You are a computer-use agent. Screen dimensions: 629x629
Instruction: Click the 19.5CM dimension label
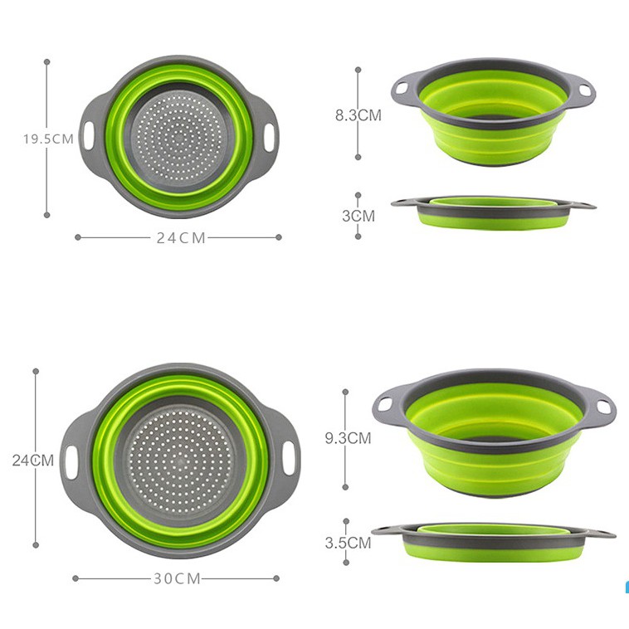click(48, 139)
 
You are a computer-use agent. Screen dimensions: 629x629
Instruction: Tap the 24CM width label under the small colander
click(181, 238)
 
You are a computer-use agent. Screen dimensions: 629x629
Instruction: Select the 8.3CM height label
click(358, 115)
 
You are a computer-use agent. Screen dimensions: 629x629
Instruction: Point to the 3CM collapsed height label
click(358, 217)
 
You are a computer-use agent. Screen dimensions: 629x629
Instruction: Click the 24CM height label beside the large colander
click(33, 460)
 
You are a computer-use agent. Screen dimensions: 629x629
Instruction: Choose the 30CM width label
click(177, 578)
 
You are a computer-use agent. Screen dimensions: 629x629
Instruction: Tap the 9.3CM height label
click(348, 438)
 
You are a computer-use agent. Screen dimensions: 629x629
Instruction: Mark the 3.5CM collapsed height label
click(348, 543)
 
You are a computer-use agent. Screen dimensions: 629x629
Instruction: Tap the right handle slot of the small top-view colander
click(269, 138)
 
